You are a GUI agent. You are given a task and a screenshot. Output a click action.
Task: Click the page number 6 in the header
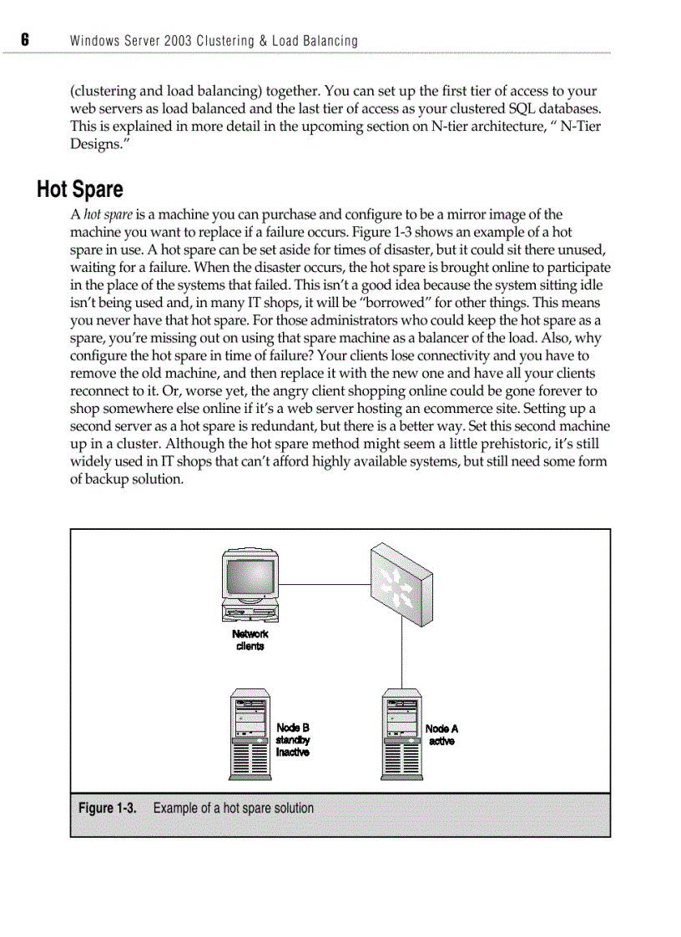pos(25,40)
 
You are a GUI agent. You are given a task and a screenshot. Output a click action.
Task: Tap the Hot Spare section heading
pos(79,189)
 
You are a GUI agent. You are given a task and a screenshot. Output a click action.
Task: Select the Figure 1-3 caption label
pos(107,808)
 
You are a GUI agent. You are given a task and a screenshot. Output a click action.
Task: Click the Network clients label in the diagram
pos(250,640)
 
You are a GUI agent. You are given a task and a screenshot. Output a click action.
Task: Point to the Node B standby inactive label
pos(292,740)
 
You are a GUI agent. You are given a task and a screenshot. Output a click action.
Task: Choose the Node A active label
pos(441,734)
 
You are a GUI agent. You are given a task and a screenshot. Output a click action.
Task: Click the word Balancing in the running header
pos(329,40)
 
